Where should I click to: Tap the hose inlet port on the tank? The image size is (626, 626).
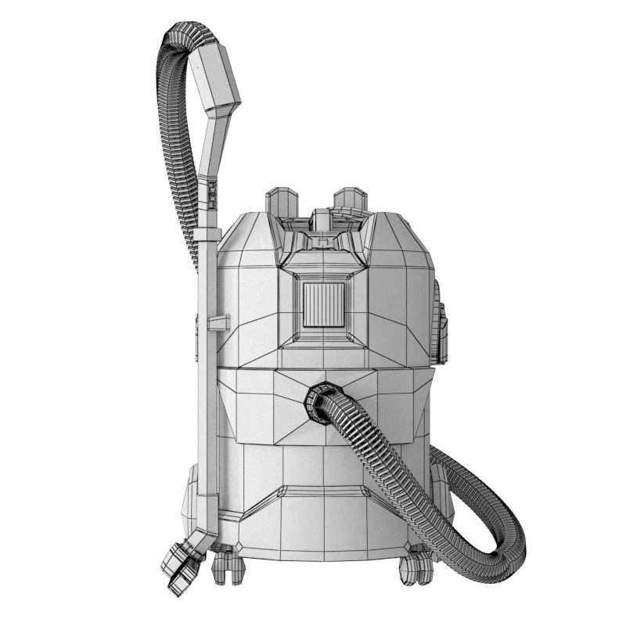pyautogui.click(x=322, y=402)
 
